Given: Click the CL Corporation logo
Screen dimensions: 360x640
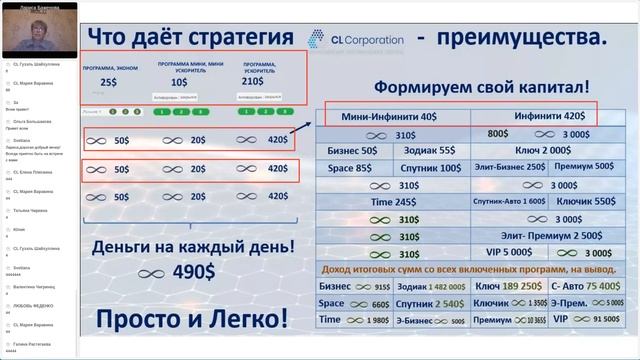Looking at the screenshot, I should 345,38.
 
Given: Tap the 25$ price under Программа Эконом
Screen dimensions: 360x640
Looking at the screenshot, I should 109,83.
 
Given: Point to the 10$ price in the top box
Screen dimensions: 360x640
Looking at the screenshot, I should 179,83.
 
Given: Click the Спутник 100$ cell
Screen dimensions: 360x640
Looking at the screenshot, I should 433,167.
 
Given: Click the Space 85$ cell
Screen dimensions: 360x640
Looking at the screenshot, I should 352,167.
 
